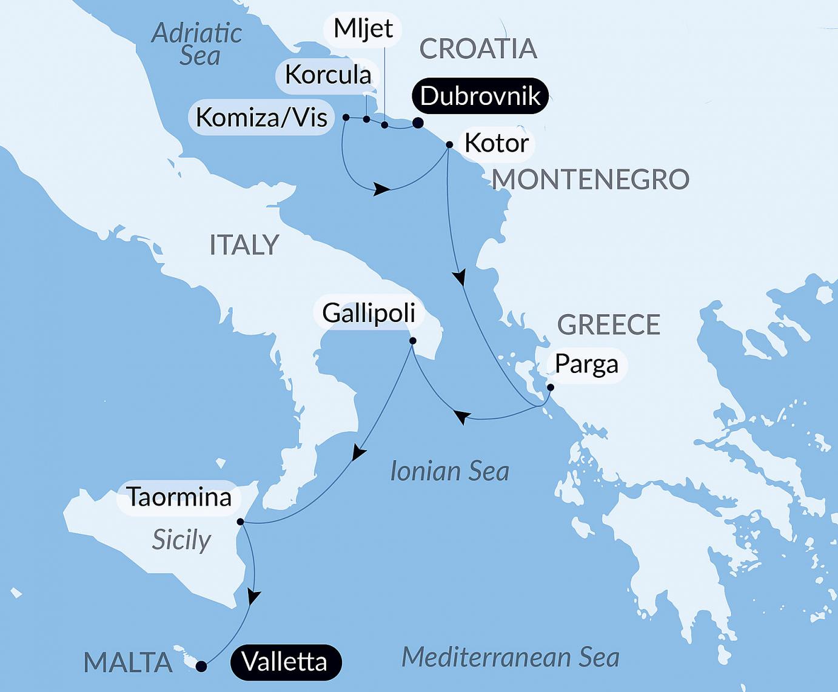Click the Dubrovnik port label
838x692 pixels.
(x=480, y=96)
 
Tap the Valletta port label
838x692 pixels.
(x=284, y=660)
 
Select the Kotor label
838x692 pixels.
(x=496, y=143)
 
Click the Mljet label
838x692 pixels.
(x=363, y=29)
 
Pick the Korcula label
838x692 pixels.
(x=327, y=75)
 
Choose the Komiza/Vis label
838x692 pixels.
(x=261, y=117)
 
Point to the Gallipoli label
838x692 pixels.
(x=368, y=313)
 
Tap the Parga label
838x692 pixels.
(x=586, y=364)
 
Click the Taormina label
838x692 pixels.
(x=179, y=497)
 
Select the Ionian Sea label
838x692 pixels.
(x=449, y=471)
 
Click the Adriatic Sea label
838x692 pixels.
(x=196, y=44)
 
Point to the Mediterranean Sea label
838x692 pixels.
(x=510, y=657)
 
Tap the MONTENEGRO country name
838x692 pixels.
(x=590, y=180)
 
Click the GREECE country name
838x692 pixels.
(x=608, y=325)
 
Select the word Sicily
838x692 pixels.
(x=181, y=539)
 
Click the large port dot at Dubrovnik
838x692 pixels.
(x=418, y=123)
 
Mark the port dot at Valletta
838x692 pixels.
(x=202, y=667)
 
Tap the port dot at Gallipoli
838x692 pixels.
(x=412, y=341)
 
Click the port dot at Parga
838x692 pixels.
(x=550, y=387)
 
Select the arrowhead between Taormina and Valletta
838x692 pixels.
(x=254, y=597)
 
